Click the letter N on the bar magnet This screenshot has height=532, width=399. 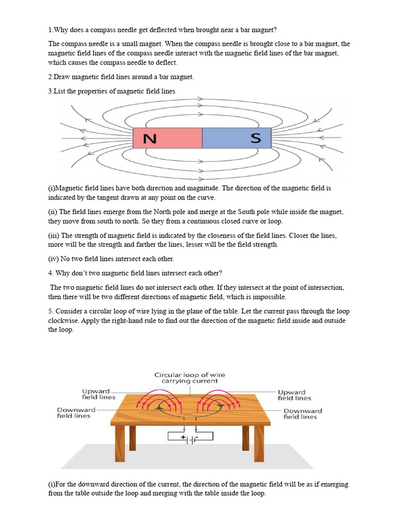point(150,139)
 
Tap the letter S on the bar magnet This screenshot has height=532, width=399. point(256,138)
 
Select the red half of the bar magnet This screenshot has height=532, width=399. point(177,138)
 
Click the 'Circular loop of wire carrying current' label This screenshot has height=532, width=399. point(190,378)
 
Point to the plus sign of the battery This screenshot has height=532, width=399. point(183,437)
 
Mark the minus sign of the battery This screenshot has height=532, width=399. point(196,437)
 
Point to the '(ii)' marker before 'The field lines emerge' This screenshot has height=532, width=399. point(54,212)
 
